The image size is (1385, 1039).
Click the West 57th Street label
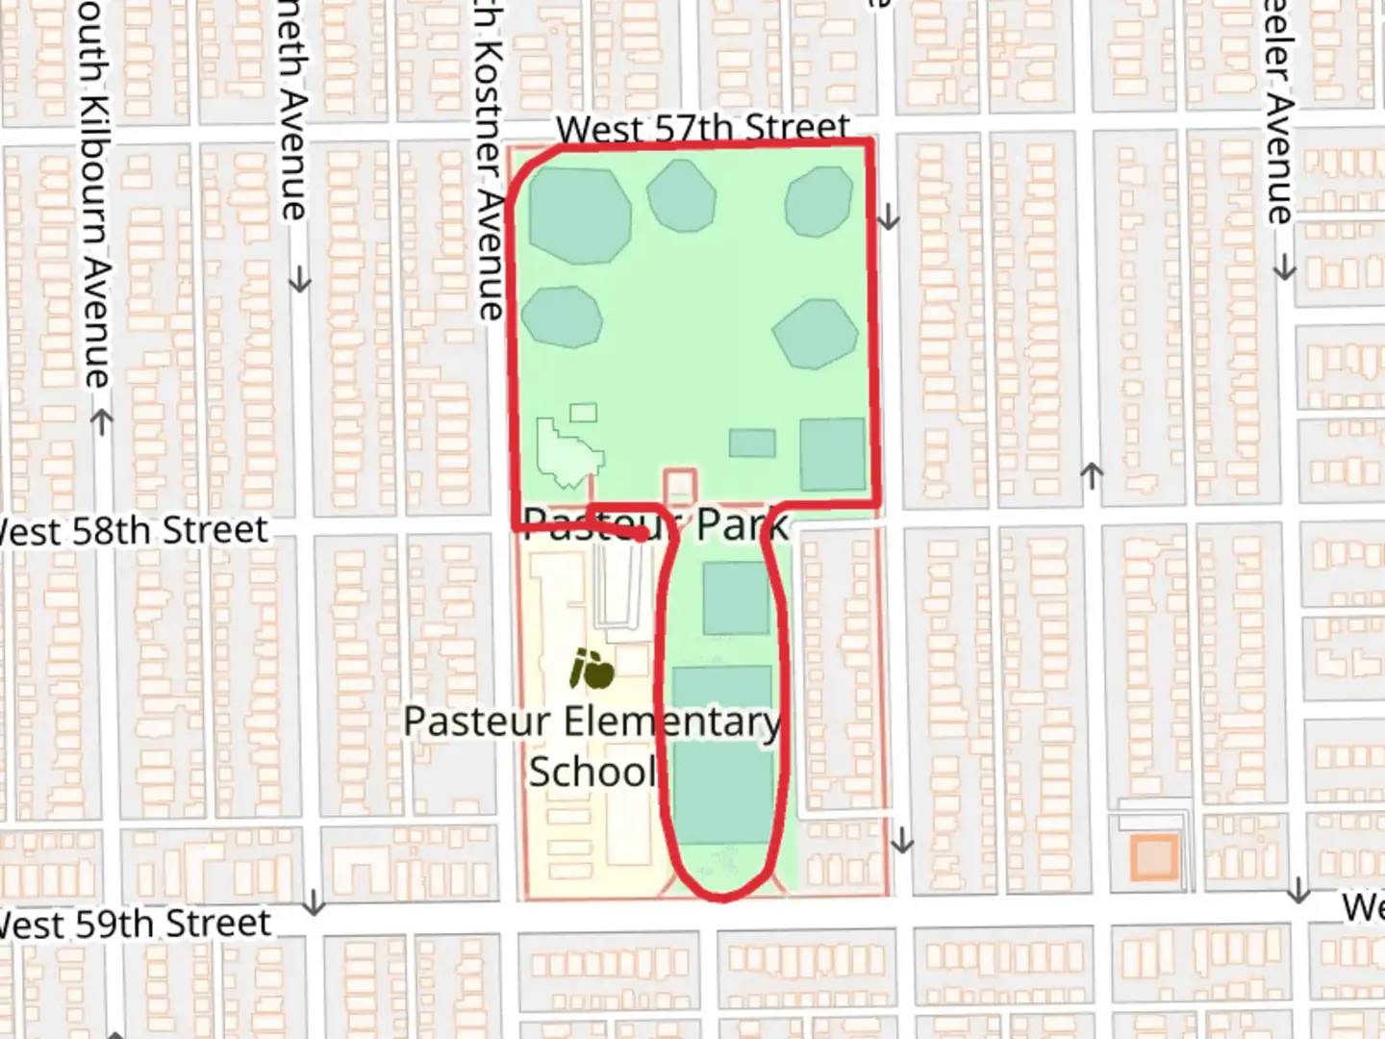[x=703, y=128]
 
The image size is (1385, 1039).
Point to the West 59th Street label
[x=135, y=925]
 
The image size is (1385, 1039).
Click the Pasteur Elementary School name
[x=592, y=746]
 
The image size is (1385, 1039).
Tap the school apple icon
[x=592, y=670]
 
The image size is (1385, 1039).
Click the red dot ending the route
[x=641, y=535]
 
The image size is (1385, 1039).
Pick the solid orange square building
[x=1153, y=856]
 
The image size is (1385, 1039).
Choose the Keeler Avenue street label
[x=1279, y=111]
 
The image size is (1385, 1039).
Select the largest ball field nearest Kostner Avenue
[x=578, y=214]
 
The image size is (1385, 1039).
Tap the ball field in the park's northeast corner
[x=818, y=202]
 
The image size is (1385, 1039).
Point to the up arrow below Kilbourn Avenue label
[x=101, y=421]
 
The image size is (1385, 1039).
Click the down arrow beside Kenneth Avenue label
[x=301, y=280]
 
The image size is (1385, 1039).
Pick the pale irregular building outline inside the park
[x=568, y=451]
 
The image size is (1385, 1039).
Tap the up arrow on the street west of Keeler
[x=1091, y=473]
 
